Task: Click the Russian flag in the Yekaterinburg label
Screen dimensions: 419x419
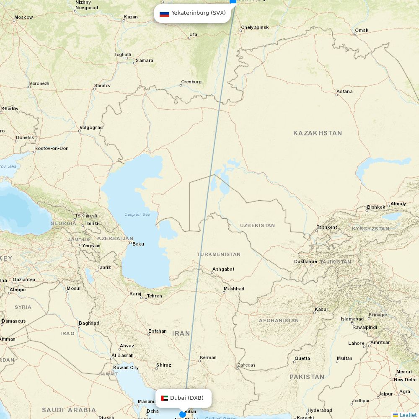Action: (164, 13)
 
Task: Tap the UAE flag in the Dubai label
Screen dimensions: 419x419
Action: (165, 398)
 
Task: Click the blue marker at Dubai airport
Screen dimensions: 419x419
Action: (183, 414)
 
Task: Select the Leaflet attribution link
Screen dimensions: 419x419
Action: (408, 415)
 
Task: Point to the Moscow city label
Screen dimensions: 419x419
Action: (23, 18)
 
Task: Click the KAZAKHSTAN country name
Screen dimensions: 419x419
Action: (318, 133)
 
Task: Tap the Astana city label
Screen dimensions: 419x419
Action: (344, 91)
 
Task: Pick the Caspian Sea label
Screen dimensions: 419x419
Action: (137, 215)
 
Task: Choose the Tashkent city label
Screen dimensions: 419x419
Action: (327, 227)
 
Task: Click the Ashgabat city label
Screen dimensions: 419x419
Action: (223, 269)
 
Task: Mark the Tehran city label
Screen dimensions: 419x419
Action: (154, 296)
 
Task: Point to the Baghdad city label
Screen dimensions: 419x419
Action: (89, 323)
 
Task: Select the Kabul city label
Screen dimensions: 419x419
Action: (321, 310)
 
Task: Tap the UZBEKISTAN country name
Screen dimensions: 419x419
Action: (257, 225)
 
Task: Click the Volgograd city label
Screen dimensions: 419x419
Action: (91, 127)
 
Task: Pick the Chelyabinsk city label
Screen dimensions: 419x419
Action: (255, 28)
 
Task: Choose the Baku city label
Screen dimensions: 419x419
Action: (138, 244)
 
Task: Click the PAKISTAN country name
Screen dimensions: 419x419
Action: (307, 377)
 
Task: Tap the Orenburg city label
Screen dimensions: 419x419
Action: (191, 82)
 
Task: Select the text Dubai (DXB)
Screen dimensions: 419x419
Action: (187, 398)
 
